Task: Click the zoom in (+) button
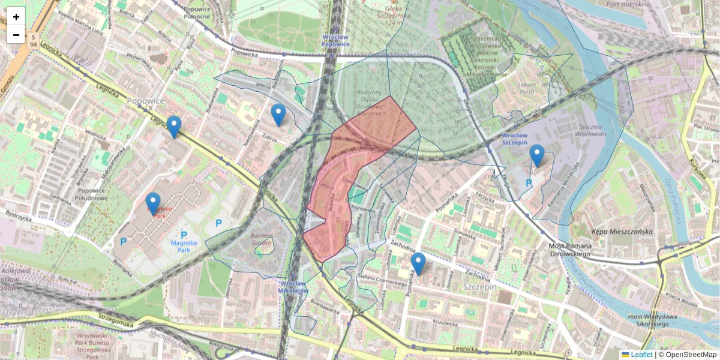[16, 17]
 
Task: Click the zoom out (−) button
[16, 35]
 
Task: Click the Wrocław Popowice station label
[335, 40]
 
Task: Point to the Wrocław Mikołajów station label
[294, 286]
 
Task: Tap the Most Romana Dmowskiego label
[571, 250]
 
